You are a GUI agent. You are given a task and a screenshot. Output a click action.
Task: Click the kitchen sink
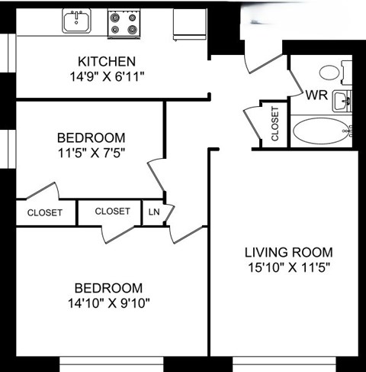[76, 21]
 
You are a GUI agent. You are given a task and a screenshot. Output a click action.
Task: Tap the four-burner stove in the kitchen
[123, 23]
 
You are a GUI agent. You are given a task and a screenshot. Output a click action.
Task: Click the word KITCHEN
[107, 61]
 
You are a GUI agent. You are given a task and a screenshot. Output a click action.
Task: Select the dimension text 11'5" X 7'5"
[91, 151]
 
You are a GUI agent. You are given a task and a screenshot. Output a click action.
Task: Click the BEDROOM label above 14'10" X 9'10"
[108, 288]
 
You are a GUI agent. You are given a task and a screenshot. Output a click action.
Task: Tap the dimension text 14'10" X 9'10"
[108, 303]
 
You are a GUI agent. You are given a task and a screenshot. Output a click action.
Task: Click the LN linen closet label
[154, 212]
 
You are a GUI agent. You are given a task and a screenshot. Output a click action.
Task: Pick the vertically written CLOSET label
[274, 123]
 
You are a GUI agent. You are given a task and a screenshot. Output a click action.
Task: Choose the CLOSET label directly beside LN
[112, 212]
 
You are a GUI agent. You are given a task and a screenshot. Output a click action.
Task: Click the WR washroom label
[316, 97]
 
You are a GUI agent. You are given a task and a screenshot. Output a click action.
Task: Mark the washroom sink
[344, 99]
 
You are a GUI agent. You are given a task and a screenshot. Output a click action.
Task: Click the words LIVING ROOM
[288, 253]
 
